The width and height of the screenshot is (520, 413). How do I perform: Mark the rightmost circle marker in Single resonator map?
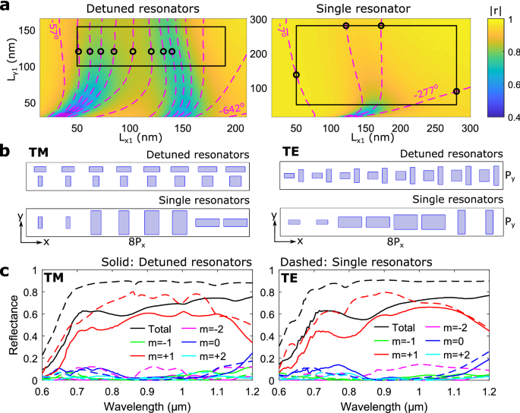[x=456, y=91]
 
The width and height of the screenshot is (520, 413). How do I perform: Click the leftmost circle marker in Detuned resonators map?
[x=78, y=52]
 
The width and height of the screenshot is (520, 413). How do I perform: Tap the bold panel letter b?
[x=5, y=152]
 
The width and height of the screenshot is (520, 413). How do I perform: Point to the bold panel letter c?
[x=5, y=270]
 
